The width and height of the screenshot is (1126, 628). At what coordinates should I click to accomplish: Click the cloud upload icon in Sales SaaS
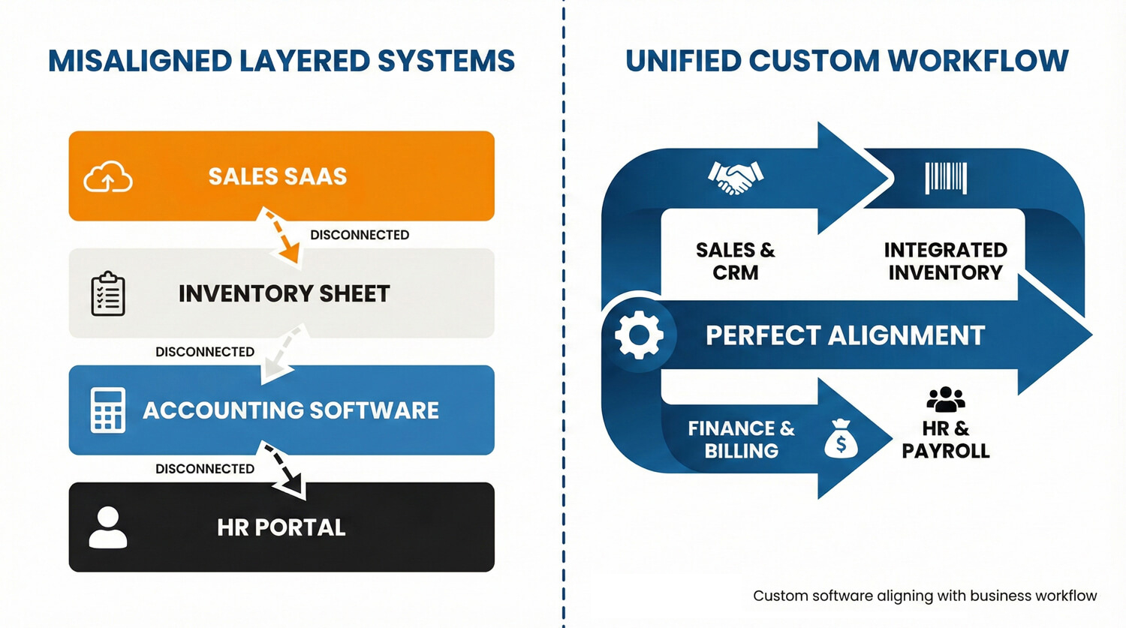[x=108, y=177]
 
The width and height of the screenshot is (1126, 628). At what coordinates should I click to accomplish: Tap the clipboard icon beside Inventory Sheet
[x=108, y=294]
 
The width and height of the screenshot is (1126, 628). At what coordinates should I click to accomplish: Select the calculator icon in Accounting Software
[x=107, y=410]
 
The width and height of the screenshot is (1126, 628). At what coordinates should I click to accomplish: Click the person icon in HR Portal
[x=108, y=527]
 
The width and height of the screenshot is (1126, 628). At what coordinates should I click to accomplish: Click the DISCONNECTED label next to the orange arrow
[x=360, y=235]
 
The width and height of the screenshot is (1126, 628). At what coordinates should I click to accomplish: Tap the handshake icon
[x=736, y=178]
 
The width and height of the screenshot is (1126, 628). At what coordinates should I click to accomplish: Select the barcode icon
[x=946, y=178]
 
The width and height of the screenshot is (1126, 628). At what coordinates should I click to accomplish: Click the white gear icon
[x=639, y=335]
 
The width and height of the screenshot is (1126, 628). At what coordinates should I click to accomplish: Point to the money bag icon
[x=841, y=439]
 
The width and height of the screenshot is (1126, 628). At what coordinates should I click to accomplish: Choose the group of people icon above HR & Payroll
[x=946, y=400]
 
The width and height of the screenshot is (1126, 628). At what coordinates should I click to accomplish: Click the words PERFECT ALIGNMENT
[x=845, y=335]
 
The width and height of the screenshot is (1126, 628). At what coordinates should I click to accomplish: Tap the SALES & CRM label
[x=736, y=261]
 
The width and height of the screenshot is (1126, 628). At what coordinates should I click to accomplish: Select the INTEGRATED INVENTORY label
[x=946, y=261]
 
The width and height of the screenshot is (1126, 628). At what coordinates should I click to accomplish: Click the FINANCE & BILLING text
[x=742, y=440]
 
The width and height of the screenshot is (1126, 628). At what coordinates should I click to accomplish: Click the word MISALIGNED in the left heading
[x=140, y=62]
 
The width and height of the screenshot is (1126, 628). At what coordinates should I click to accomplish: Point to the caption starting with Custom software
[x=925, y=596]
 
